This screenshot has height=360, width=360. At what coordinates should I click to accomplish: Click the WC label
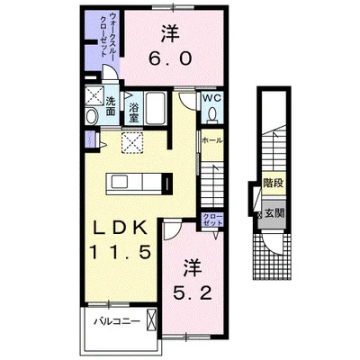[x=212, y=98]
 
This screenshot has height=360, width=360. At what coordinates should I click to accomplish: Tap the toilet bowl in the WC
[x=212, y=115]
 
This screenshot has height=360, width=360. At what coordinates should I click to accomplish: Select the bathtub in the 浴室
[x=155, y=108]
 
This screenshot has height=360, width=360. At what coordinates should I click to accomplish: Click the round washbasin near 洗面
[x=92, y=116]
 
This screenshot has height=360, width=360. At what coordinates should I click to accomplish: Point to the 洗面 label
[x=111, y=106]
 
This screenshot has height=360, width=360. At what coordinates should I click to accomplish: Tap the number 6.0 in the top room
[x=170, y=58]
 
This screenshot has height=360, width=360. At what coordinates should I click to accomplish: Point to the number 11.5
[x=120, y=252]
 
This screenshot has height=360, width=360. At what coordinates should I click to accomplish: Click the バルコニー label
[x=117, y=322]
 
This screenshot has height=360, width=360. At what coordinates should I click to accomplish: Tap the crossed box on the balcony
[x=152, y=319]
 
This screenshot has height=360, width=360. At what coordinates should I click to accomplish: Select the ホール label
[x=212, y=140]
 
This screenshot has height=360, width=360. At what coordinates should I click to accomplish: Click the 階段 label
[x=273, y=183]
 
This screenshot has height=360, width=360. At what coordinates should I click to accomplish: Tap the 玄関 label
[x=274, y=213]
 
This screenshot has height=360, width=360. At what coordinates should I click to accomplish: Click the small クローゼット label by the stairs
[x=212, y=220]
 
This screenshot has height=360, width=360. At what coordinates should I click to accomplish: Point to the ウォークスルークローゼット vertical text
[x=107, y=34]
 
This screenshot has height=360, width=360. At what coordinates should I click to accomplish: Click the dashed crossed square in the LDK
[x=132, y=142]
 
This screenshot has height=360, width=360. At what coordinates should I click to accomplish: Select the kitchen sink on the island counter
[x=120, y=183]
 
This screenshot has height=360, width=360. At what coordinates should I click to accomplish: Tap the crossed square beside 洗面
[x=94, y=95]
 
